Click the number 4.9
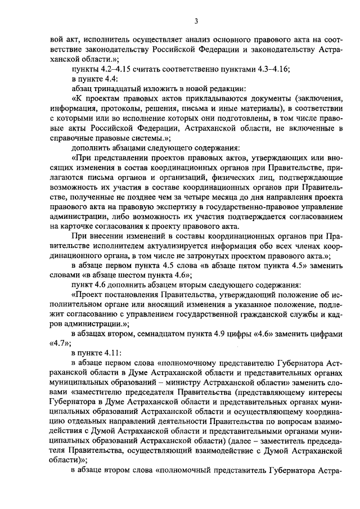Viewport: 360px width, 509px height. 231,334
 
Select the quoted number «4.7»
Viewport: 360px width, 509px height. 54,344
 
